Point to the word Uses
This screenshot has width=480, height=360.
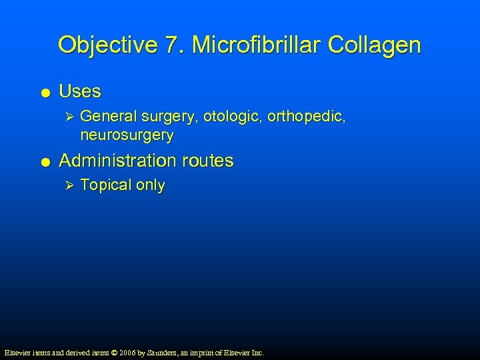pyautogui.click(x=80, y=91)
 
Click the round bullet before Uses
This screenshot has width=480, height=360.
pyautogui.click(x=43, y=92)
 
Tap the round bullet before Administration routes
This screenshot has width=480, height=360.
pyautogui.click(x=43, y=161)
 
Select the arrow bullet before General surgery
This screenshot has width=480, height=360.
pyautogui.click(x=65, y=117)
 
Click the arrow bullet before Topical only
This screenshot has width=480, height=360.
pyautogui.click(x=65, y=185)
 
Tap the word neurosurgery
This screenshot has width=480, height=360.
pyautogui.click(x=127, y=135)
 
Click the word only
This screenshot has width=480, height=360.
pyautogui.click(x=150, y=185)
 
